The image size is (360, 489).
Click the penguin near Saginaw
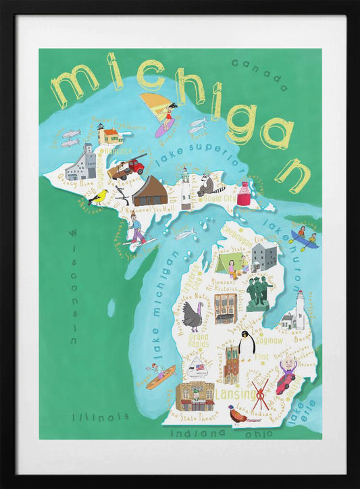pos(247,344)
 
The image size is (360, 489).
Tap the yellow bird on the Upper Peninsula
pos(99,197)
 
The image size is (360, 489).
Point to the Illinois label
pos(100,416)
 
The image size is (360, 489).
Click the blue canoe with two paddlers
pos(304,239)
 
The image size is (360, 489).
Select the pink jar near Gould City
pos(243,194)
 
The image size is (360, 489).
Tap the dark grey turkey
pos(195,315)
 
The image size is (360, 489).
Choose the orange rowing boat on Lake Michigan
pos(161,376)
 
